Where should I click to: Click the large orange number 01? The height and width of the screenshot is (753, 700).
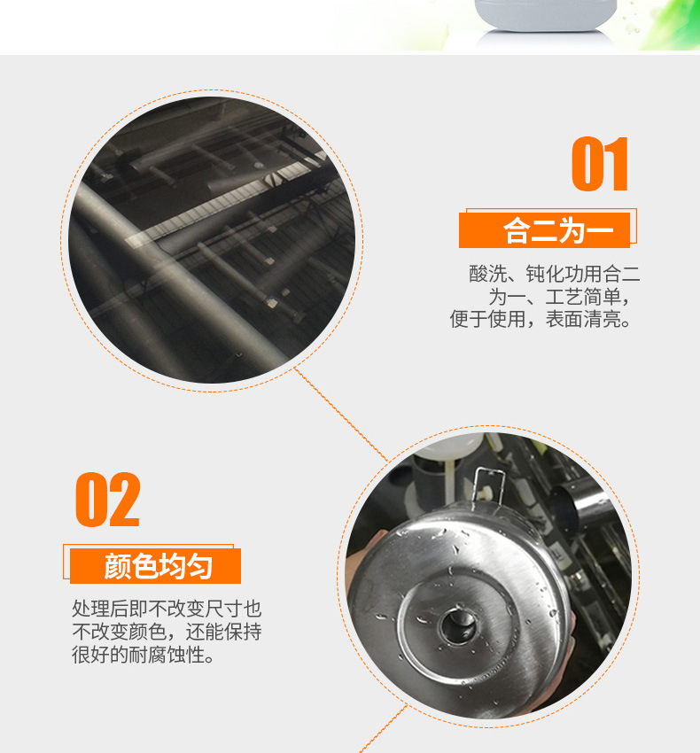600,165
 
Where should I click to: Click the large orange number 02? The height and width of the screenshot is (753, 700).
107,501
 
